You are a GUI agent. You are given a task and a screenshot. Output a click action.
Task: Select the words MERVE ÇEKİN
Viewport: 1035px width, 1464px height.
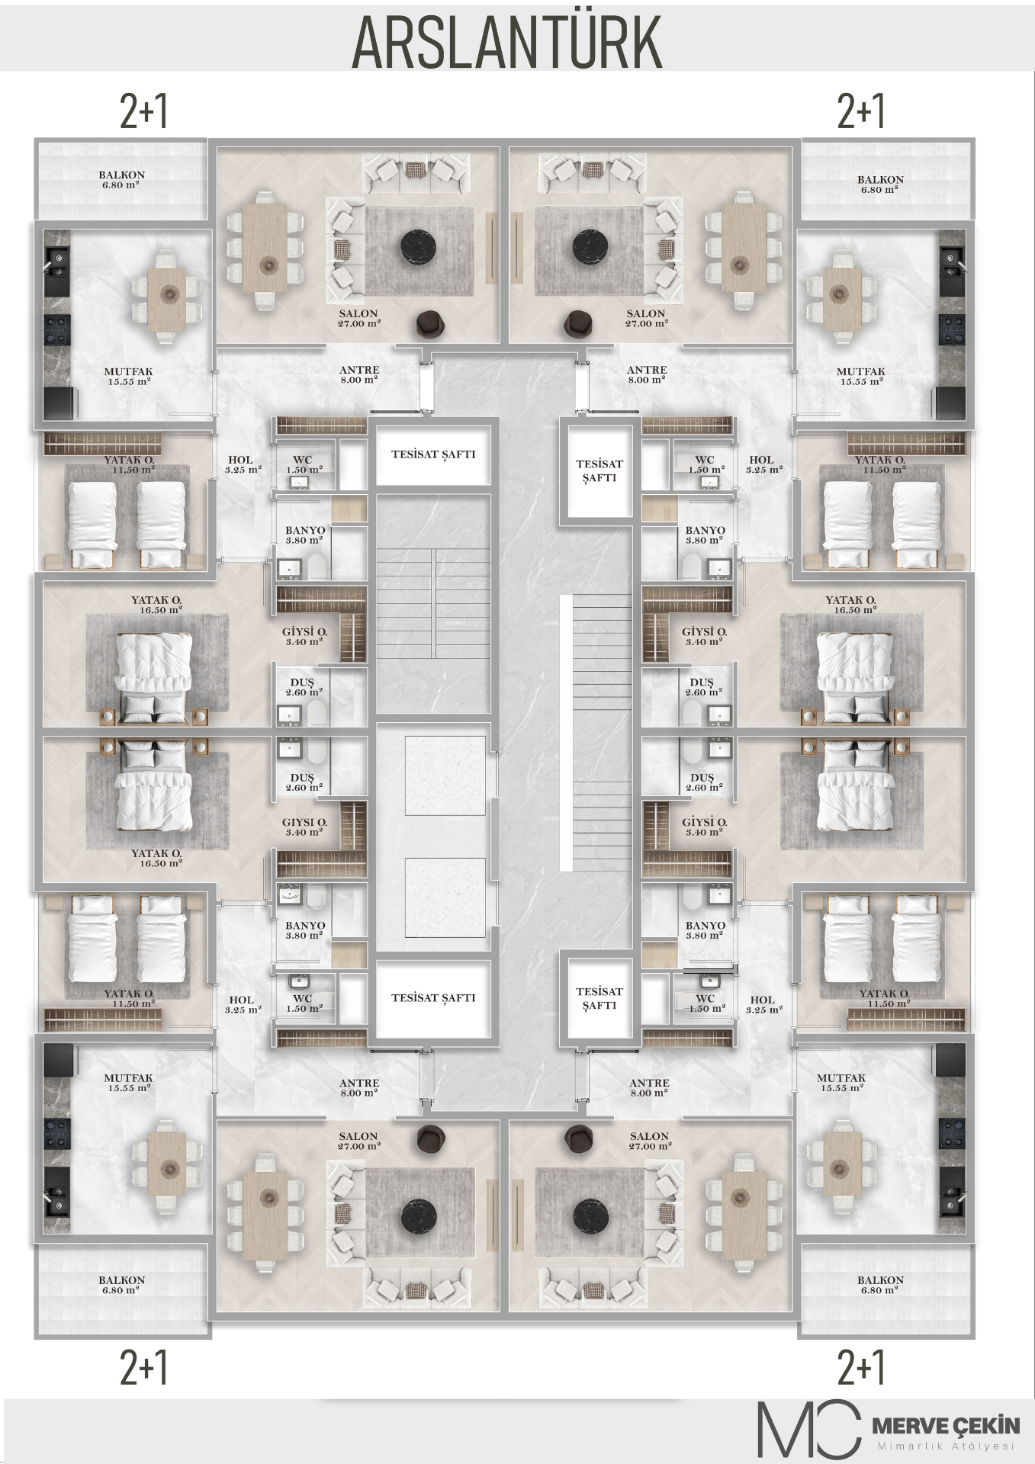tap(945, 1424)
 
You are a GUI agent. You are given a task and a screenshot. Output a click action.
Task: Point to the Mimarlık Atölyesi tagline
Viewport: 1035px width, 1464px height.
tap(947, 1446)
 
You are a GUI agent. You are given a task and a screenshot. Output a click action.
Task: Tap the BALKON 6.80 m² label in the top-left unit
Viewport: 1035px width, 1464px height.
tap(121, 179)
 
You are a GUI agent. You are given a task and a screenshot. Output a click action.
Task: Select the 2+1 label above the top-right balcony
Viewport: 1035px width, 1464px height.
tap(861, 111)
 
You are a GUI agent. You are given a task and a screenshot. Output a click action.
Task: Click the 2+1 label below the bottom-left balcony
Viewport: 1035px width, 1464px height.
tap(144, 1368)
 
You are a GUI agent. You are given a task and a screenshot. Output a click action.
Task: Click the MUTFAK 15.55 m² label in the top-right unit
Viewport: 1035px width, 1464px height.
tap(860, 377)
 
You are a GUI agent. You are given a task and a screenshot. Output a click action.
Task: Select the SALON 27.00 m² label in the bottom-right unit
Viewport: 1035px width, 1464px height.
tap(650, 1141)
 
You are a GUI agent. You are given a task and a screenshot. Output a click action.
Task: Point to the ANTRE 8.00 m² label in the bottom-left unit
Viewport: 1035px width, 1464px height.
tap(359, 1087)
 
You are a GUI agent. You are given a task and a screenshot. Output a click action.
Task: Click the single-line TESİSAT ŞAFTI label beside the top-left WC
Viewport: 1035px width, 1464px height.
tap(433, 454)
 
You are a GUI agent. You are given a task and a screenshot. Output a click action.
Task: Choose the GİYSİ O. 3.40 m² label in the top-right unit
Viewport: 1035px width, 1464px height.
tap(704, 637)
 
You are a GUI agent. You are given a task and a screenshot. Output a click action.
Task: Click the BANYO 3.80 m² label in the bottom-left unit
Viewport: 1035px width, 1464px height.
tap(305, 930)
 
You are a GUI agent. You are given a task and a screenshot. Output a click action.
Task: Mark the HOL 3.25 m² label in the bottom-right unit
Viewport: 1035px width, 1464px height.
tap(763, 1005)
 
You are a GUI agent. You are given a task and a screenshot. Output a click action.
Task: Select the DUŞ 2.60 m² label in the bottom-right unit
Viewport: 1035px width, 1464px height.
tap(702, 782)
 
